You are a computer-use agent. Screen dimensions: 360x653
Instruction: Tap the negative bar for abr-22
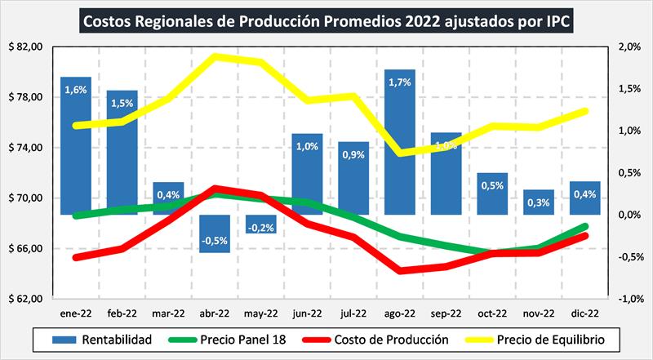click(215, 233)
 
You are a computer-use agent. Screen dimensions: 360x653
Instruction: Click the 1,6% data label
click(75, 90)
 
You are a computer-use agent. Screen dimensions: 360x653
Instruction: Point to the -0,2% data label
click(261, 227)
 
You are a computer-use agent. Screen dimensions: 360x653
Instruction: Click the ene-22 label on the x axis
click(75, 312)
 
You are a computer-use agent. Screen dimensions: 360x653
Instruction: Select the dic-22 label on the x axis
click(587, 312)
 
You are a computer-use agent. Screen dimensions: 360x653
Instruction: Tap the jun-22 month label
click(308, 312)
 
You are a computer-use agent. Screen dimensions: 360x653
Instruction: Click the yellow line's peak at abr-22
click(215, 56)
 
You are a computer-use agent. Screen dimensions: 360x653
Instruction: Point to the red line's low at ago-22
click(400, 270)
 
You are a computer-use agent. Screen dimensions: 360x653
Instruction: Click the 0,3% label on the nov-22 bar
click(540, 202)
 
